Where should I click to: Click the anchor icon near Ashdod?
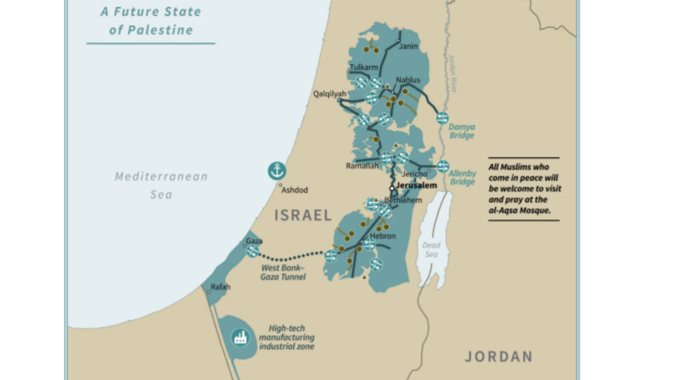[277, 171]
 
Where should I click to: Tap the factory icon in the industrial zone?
[240, 337]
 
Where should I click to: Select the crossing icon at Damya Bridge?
[442, 118]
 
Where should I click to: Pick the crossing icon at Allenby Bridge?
[443, 166]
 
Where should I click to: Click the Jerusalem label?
[416, 185]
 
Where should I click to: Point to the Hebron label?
[383, 236]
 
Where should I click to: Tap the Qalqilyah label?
[329, 94]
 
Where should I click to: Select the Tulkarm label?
[364, 67]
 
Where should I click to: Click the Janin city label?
[408, 46]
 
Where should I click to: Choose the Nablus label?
[408, 80]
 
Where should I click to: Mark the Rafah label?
[220, 287]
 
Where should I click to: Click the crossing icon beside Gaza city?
[252, 251]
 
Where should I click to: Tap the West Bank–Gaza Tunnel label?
[283, 272]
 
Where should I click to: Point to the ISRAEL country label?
[303, 215]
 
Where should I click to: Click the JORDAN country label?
[499, 356]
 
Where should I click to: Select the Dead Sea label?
[431, 250]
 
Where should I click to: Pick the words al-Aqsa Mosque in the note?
[519, 210]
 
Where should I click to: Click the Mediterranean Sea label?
[161, 185]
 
